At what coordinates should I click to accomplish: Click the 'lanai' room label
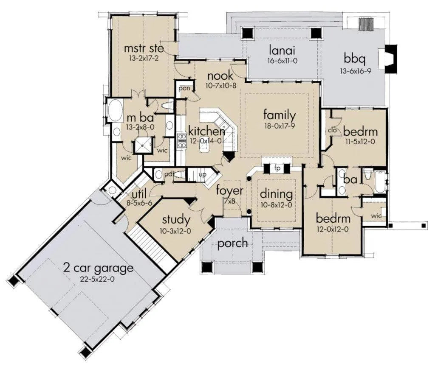point(282,50)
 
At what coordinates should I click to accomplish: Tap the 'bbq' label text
point(354,59)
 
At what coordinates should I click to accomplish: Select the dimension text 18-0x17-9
point(280,126)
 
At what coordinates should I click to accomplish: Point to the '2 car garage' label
point(99,268)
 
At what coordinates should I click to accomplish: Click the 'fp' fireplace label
point(277,168)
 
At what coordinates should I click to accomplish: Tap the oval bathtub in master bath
point(114,111)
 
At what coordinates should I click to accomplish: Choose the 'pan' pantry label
point(184,89)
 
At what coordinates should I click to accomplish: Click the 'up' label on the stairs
point(202,175)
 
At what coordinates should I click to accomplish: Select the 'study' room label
point(176,220)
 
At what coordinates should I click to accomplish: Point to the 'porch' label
point(232,243)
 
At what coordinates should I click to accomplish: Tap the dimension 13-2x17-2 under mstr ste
point(144,59)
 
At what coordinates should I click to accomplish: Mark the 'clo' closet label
point(332,130)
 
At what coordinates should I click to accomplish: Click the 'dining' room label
point(276,194)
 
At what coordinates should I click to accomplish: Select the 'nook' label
point(220,76)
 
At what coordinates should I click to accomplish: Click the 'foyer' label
point(230,190)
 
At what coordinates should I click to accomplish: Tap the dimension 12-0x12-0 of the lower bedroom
point(333,229)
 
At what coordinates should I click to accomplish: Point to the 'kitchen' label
point(206,131)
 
